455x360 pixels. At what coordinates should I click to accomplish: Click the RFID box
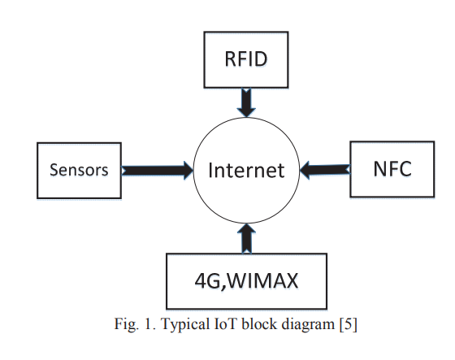click(x=246, y=60)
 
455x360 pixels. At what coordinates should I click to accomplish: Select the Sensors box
click(x=80, y=171)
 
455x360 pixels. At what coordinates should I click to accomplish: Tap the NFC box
click(x=392, y=169)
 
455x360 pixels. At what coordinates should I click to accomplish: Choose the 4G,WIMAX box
click(x=247, y=281)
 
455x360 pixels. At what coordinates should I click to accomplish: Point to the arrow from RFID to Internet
click(x=246, y=102)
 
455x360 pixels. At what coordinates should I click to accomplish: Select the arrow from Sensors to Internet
click(x=158, y=171)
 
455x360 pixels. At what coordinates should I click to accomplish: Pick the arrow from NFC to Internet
click(x=325, y=170)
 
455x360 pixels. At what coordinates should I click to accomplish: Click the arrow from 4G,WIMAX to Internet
click(x=246, y=239)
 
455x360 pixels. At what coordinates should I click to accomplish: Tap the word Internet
click(x=246, y=170)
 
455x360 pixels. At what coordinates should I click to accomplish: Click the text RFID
click(x=246, y=59)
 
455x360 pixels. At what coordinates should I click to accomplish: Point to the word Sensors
click(x=79, y=170)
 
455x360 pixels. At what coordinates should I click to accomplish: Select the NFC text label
click(x=392, y=169)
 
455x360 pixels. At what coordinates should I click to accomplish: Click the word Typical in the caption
click(x=185, y=324)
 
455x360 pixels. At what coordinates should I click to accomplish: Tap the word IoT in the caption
click(x=226, y=323)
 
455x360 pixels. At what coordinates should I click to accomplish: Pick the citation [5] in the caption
click(x=349, y=324)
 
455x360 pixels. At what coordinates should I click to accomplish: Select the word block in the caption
click(x=259, y=323)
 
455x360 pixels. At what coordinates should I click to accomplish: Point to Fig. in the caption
click(x=126, y=324)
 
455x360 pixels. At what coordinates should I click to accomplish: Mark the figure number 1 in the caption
click(x=149, y=324)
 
